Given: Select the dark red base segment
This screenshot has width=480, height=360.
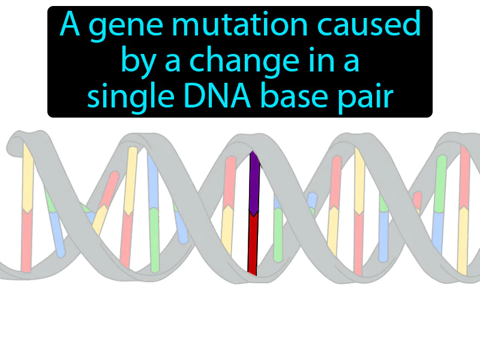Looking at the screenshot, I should [x=253, y=243].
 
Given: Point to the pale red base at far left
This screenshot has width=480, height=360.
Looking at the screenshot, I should [x=26, y=240].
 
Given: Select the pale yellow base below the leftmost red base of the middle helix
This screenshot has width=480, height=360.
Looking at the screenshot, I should [x=227, y=231].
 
